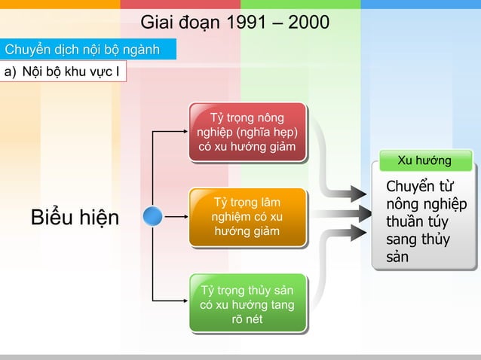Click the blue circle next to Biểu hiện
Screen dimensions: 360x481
click(153, 216)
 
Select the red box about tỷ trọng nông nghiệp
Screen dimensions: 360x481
click(247, 132)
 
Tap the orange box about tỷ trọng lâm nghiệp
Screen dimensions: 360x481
click(247, 217)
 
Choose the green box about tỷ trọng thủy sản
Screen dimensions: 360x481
click(247, 303)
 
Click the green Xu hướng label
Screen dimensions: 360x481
click(424, 160)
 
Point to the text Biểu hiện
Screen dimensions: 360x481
click(75, 218)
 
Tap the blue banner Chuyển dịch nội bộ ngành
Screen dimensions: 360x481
click(82, 50)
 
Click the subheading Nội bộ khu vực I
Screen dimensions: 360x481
click(67, 72)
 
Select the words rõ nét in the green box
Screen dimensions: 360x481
click(247, 319)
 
